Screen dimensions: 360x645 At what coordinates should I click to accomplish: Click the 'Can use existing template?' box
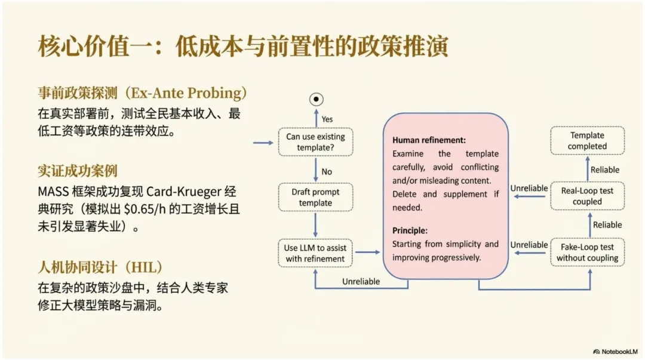pos(315,142)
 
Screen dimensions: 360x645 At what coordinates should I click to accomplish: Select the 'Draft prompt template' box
pos(315,198)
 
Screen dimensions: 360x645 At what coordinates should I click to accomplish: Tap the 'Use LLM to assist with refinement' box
pos(315,253)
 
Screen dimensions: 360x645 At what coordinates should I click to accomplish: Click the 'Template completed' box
pos(587,141)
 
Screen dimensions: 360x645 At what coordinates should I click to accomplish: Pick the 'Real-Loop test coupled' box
pos(587,196)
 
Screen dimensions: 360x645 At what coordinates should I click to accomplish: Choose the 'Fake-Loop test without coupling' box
pos(587,253)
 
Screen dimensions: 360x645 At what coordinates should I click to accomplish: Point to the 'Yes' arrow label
pos(327,119)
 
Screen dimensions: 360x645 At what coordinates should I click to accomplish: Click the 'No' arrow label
pos(327,172)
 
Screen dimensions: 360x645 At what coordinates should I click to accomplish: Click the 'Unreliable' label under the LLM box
pos(361,281)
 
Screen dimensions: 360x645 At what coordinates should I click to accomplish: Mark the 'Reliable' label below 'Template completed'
pos(605,170)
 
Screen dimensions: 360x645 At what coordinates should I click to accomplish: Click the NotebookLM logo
pos(615,351)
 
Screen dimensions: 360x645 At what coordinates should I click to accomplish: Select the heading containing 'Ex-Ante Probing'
pos(142,93)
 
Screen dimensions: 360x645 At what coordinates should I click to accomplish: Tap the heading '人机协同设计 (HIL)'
pos(100,267)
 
